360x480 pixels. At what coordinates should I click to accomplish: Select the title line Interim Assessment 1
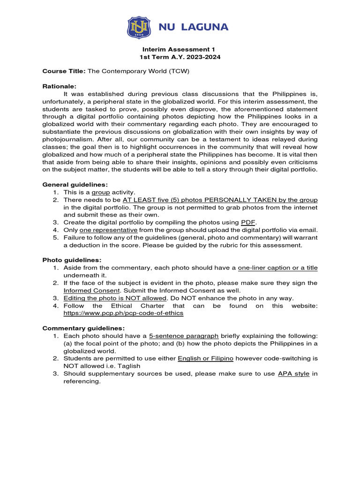pyautogui.click(x=180, y=49)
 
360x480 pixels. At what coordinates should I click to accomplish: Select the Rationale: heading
pyautogui.click(x=59, y=86)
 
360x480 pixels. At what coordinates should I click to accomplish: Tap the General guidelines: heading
pyautogui.click(x=75, y=184)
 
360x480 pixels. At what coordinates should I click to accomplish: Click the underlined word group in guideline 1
pyautogui.click(x=100, y=192)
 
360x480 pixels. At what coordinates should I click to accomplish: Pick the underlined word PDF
pyautogui.click(x=249, y=222)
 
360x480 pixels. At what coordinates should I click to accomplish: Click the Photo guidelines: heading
pyautogui.click(x=72, y=260)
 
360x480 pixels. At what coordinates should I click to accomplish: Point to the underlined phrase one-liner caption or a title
pyautogui.click(x=277, y=268)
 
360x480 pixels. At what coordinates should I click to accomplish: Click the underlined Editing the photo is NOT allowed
pyautogui.click(x=115, y=298)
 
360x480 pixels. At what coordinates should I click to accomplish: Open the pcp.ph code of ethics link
pyautogui.click(x=123, y=313)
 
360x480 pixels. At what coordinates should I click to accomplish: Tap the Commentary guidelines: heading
pyautogui.click(x=84, y=328)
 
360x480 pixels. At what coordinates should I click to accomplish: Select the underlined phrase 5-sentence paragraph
pyautogui.click(x=184, y=336)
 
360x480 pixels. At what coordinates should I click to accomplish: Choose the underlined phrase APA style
pyautogui.click(x=294, y=374)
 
